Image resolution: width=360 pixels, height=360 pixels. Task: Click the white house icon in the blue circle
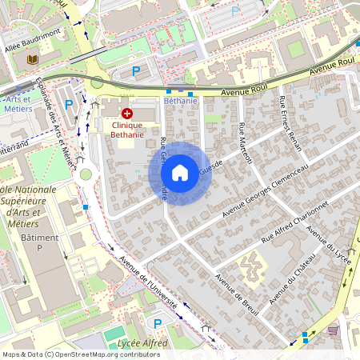pyautogui.click(x=180, y=172)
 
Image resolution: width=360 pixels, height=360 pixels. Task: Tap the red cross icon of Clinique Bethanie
pyautogui.click(x=126, y=114)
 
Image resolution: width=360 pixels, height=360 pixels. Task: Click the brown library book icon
pyautogui.click(x=32, y=59)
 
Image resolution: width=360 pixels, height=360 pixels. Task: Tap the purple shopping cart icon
pyautogui.click(x=333, y=329)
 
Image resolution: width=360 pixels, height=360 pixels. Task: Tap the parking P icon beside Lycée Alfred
pyautogui.click(x=158, y=322)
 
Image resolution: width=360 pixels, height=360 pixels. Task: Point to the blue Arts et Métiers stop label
pyautogui.click(x=16, y=103)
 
